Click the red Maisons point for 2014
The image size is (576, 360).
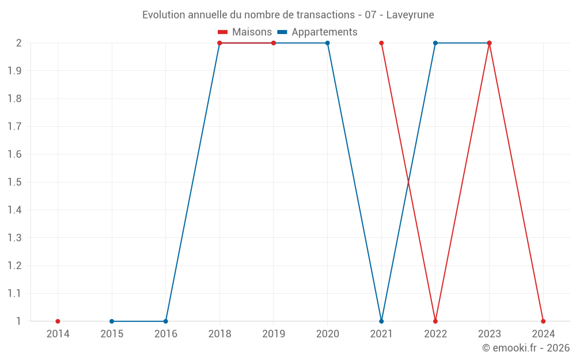click(x=58, y=321)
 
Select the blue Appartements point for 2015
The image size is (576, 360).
click(x=112, y=321)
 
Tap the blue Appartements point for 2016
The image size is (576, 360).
click(x=166, y=321)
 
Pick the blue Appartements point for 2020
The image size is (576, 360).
click(x=328, y=43)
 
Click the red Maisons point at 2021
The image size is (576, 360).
click(x=381, y=43)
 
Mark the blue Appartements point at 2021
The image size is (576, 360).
click(x=381, y=321)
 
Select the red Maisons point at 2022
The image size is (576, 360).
click(x=435, y=321)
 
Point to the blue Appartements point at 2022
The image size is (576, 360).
click(x=435, y=43)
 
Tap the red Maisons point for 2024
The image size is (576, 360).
click(x=543, y=321)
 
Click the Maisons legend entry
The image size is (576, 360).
click(x=245, y=32)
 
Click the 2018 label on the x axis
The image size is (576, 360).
click(x=219, y=334)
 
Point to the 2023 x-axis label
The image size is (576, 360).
click(x=490, y=334)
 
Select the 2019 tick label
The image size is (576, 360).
click(x=274, y=334)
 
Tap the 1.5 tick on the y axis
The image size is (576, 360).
click(x=15, y=183)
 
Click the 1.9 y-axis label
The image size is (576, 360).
click(x=15, y=71)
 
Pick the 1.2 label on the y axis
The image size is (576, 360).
click(x=15, y=266)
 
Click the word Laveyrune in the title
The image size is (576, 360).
click(x=410, y=14)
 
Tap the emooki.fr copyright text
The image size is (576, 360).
click(x=526, y=348)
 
